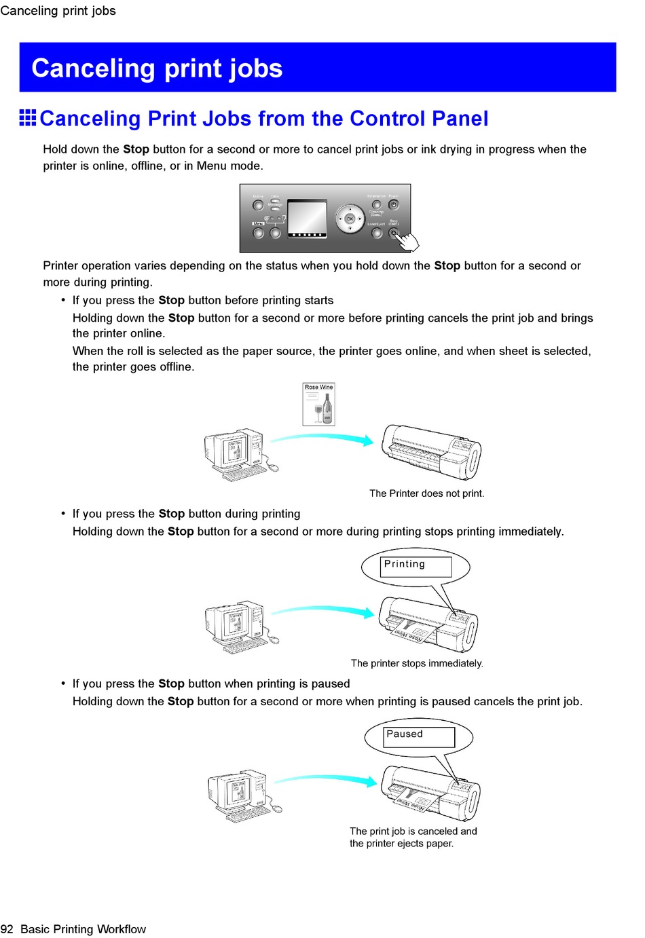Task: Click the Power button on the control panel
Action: point(394,204)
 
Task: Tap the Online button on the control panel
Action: point(258,205)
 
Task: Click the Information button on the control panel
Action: point(377,204)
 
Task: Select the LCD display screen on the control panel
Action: point(307,218)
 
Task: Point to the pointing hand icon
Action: point(408,241)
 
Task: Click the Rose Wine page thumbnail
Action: point(318,405)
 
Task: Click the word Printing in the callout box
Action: point(405,564)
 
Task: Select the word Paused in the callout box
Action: point(405,734)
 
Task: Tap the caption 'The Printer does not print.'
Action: point(426,493)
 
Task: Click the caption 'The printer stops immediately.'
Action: point(417,663)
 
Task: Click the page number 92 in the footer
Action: point(7,929)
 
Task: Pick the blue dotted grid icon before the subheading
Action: point(28,118)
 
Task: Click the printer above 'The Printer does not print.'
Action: point(430,451)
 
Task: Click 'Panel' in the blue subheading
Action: point(460,119)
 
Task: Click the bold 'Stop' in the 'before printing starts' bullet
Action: point(171,300)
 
